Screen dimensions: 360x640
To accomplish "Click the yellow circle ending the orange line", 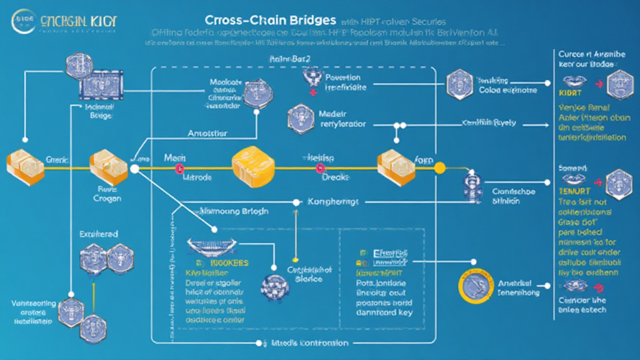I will [x=439, y=167].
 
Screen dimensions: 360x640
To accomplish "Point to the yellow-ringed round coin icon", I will [x=472, y=287].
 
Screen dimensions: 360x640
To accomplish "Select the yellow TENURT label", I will [x=570, y=192].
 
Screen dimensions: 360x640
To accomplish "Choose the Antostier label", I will [x=207, y=133].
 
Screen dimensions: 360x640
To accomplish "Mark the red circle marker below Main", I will [x=179, y=168].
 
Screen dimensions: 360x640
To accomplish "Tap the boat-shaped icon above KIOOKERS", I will [x=212, y=247].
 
